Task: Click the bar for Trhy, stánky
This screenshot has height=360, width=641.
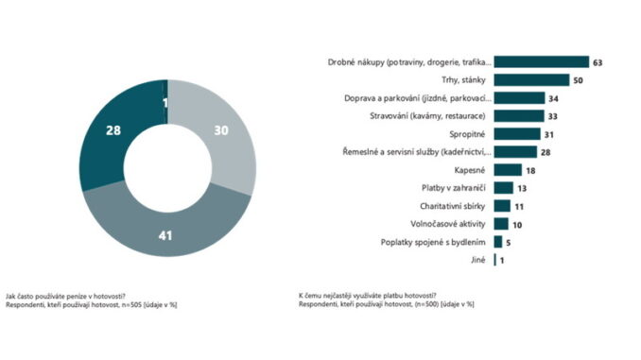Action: coord(531,80)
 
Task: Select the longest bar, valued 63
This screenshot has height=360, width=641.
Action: coord(541,61)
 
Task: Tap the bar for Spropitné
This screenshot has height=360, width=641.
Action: coord(517,134)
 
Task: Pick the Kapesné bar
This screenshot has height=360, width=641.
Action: coord(508,170)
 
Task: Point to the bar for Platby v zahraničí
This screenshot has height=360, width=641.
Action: coord(503,188)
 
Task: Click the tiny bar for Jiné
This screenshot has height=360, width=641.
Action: coord(495,260)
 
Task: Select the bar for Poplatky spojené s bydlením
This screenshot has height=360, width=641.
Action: coord(498,242)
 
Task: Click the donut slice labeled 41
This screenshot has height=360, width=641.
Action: coord(165,229)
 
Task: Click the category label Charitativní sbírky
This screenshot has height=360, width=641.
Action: coord(453,206)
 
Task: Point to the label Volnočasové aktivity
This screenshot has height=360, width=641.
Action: coord(448,224)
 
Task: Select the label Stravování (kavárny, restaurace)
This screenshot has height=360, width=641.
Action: coord(427,116)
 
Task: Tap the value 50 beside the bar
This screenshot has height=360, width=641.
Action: coord(578,80)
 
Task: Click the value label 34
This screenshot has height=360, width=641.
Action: coord(553,98)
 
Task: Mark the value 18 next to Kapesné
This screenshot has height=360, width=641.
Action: coord(530,170)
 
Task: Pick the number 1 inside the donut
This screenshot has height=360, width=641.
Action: coord(165,103)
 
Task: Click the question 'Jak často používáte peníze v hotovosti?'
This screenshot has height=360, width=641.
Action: coord(65,297)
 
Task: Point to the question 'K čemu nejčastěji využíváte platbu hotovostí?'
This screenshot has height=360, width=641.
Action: coord(368,296)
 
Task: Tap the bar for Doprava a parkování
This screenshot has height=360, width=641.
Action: coord(519,98)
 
